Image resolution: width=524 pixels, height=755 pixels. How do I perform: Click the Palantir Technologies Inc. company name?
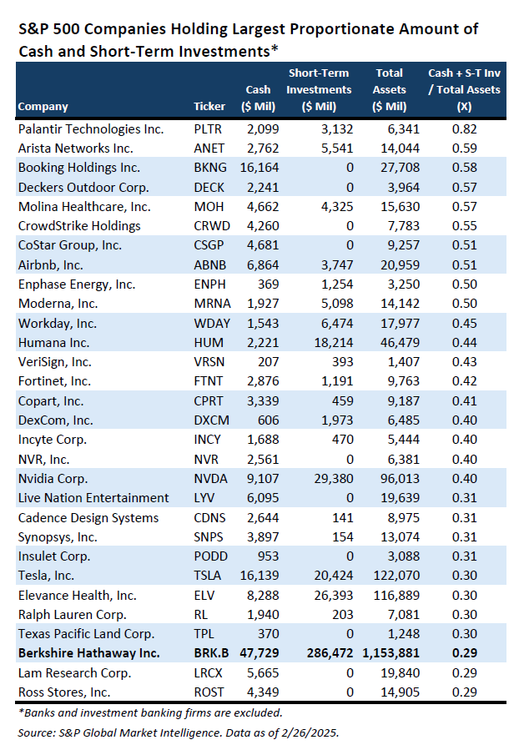tap(91, 129)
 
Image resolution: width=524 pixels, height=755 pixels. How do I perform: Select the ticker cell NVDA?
tap(210, 479)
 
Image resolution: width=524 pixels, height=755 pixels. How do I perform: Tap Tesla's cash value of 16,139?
tap(259, 576)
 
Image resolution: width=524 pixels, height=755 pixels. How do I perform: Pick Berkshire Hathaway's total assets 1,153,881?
tap(390, 653)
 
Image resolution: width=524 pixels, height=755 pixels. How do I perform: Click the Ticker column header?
tap(209, 107)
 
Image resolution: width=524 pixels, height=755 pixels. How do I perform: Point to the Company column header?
tap(43, 107)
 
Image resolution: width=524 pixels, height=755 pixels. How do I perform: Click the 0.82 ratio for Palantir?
tap(464, 129)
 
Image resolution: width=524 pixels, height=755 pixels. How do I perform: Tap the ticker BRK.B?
tap(211, 653)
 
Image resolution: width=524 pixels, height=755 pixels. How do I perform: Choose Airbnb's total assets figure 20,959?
tap(401, 264)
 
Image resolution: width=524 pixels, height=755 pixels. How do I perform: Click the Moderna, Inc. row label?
tap(58, 304)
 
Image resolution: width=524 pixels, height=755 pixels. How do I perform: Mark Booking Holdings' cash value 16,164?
tap(259, 168)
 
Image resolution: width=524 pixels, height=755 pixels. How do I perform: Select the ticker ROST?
tap(209, 692)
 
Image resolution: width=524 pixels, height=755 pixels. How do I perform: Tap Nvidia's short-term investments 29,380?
tap(334, 479)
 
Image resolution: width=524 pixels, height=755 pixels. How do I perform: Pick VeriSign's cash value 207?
tap(269, 362)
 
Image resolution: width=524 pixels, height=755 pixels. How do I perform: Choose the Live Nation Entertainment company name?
tap(93, 498)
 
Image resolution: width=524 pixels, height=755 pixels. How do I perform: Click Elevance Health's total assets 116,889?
tap(397, 595)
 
